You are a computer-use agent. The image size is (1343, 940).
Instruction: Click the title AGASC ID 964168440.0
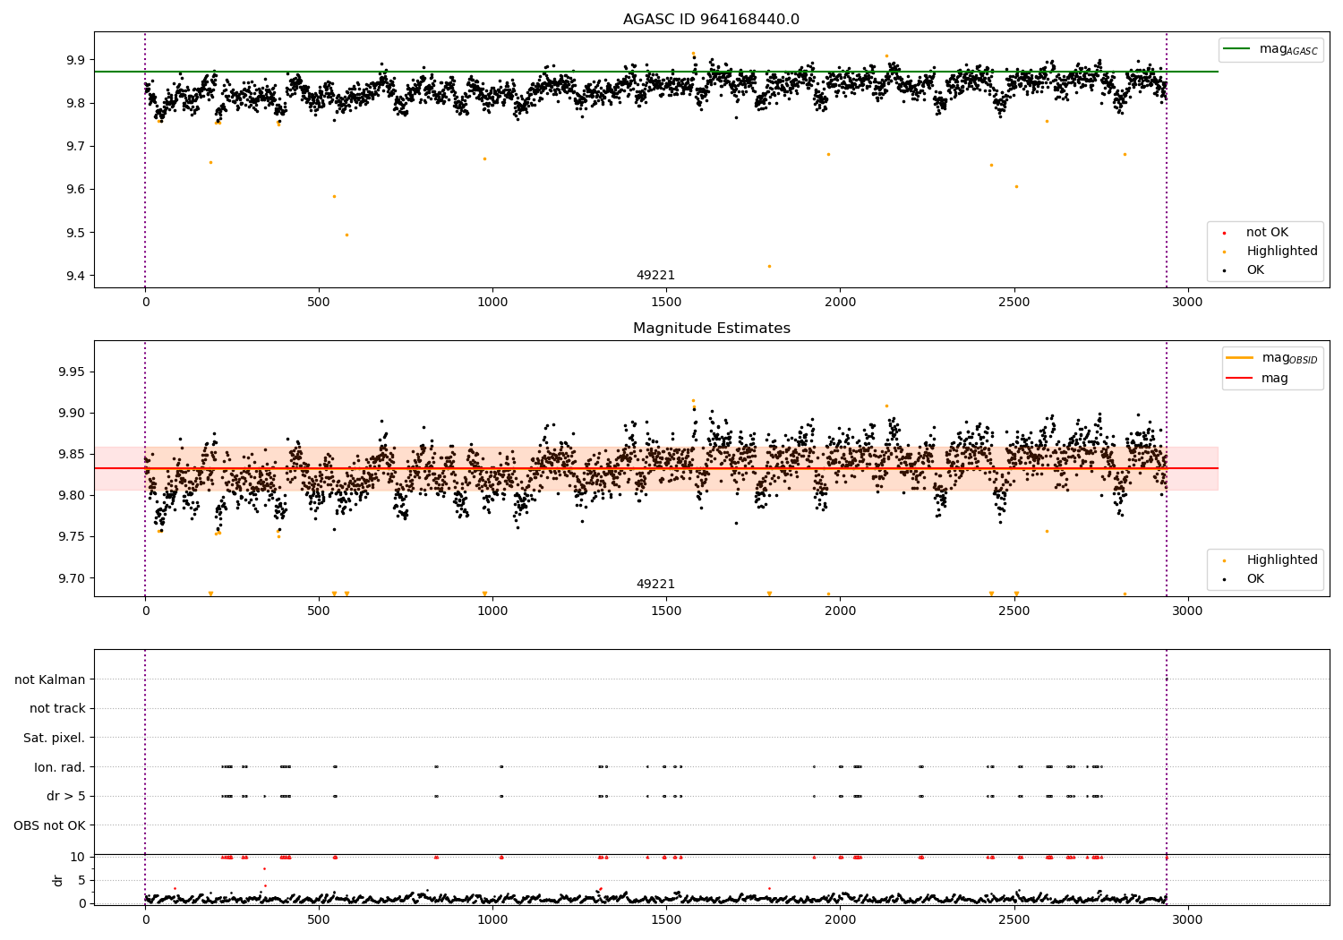coord(711,20)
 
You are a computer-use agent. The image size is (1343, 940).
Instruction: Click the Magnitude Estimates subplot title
coord(711,329)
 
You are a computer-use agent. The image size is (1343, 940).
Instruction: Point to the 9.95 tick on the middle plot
coord(69,372)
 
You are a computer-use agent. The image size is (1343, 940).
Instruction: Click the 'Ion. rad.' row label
coord(60,767)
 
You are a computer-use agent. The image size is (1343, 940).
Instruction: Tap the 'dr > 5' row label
coord(66,797)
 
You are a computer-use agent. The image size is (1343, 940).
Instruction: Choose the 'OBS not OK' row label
coord(50,825)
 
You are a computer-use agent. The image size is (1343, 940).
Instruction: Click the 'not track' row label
coord(57,709)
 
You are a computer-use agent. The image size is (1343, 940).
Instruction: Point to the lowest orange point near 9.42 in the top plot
coord(769,266)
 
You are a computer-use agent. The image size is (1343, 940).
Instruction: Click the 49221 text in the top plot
coord(655,276)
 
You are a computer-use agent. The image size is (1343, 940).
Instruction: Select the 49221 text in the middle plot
coord(655,585)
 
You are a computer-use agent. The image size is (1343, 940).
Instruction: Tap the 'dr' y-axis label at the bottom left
coord(58,880)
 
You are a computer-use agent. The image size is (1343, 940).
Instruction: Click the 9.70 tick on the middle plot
coord(69,578)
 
